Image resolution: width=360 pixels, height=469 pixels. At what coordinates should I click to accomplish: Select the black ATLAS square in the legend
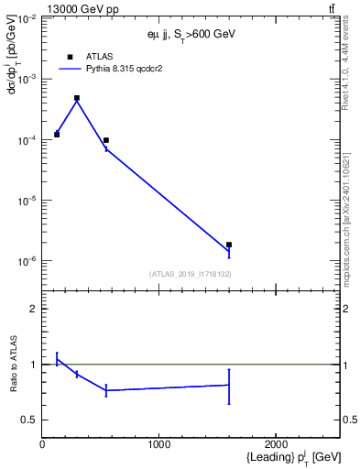pos(70,56)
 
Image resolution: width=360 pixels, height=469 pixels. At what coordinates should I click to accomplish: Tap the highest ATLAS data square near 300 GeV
pos(77,98)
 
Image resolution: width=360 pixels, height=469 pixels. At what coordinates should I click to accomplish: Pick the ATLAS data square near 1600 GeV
pos(229,245)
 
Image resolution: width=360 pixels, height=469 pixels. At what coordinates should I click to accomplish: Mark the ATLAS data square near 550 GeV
pos(106,140)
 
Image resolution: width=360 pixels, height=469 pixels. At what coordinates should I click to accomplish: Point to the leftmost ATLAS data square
pos(57,135)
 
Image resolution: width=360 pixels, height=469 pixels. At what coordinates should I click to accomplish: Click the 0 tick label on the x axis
pos(42,444)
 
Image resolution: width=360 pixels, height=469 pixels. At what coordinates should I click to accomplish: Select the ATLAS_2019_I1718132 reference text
pos(191,274)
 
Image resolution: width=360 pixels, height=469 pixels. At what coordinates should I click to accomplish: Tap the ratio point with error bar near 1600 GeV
pos(229,385)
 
